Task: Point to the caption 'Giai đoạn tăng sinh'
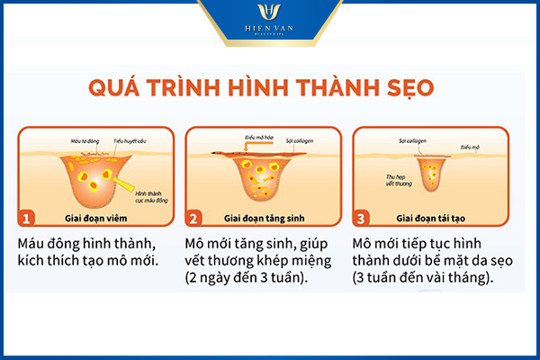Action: pyautogui.click(x=268, y=218)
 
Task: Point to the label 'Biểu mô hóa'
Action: pyautogui.click(x=233, y=139)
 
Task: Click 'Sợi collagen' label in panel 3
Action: pyautogui.click(x=413, y=141)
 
